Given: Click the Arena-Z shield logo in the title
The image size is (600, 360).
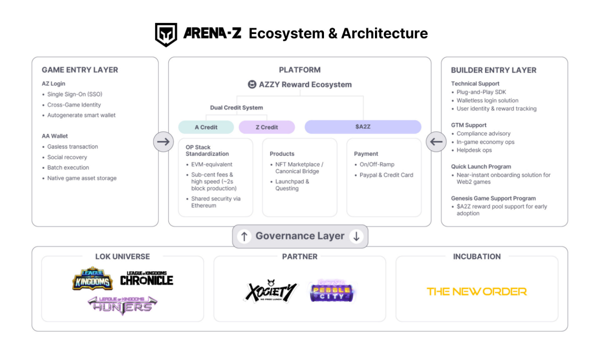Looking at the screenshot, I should tap(165, 34).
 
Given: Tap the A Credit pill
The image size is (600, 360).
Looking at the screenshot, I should tap(206, 127).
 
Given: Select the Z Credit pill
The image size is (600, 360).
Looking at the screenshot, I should tap(266, 127).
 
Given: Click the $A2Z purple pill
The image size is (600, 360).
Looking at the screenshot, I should tap(363, 127).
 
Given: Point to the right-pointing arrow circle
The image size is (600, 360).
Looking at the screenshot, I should tap(163, 142).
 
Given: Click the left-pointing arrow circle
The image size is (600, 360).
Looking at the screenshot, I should tap(436, 142).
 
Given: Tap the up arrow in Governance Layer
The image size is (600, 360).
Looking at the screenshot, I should tap(244, 236).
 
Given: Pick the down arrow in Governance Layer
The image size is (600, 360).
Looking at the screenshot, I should tap(356, 236).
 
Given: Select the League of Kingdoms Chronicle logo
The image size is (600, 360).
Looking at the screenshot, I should tap(146, 278).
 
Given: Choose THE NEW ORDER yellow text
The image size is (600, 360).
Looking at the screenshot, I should tap(476, 291).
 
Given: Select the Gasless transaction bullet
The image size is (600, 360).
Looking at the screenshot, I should tap(72, 146).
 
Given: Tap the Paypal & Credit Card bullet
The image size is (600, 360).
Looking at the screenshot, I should tap(386, 175).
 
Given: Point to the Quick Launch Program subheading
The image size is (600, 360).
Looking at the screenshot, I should tap(481, 166).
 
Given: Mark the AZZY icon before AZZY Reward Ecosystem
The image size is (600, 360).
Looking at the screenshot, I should tap(252, 84).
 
